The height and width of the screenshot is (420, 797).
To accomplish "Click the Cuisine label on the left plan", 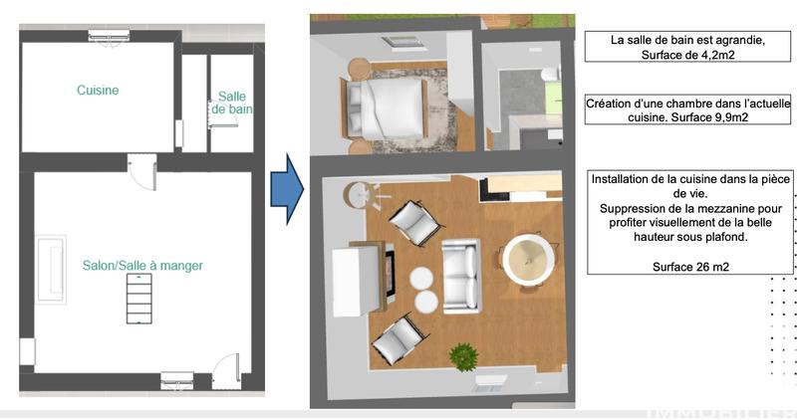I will click(98, 91).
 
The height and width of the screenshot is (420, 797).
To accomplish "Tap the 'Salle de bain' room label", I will click(231, 103).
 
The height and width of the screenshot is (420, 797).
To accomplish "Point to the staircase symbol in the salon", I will click(139, 299).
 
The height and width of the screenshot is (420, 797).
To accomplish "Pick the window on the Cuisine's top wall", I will click(108, 36).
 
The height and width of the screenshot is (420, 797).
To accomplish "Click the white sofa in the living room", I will click(460, 276).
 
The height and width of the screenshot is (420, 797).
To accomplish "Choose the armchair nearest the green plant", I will click(398, 340).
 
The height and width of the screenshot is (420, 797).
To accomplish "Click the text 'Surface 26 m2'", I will click(689, 266).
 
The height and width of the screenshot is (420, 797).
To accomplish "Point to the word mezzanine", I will click(706, 208).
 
